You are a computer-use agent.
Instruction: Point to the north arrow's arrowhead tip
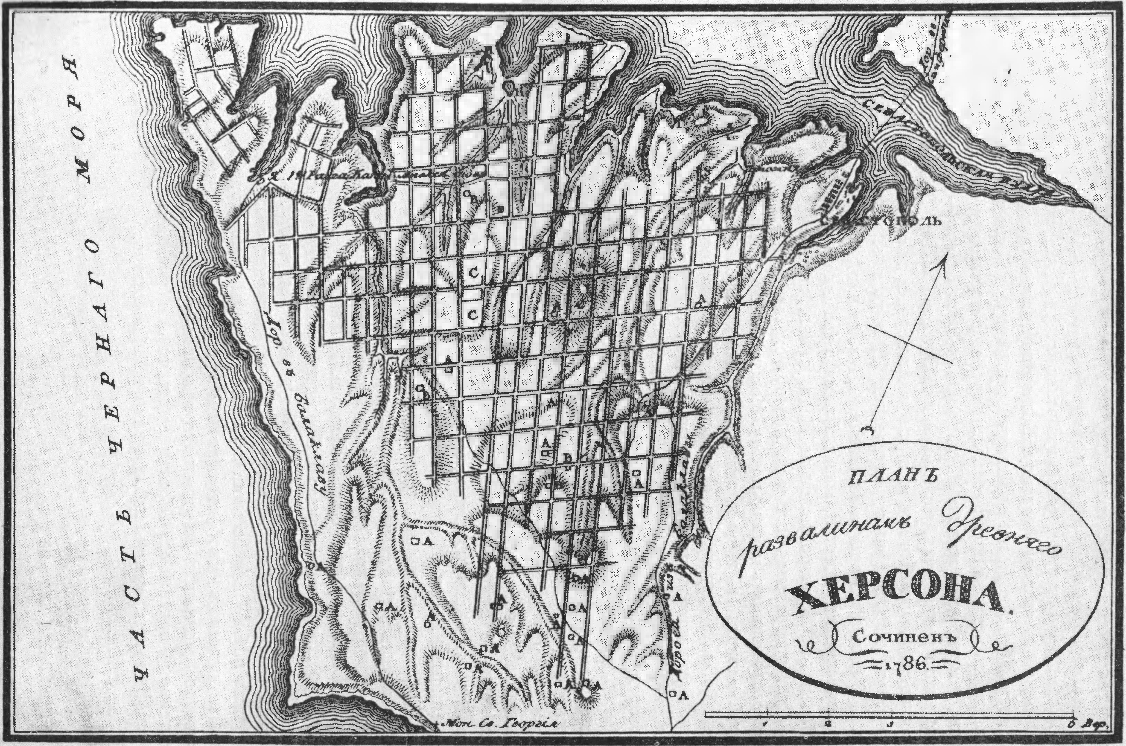point(947,252)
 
